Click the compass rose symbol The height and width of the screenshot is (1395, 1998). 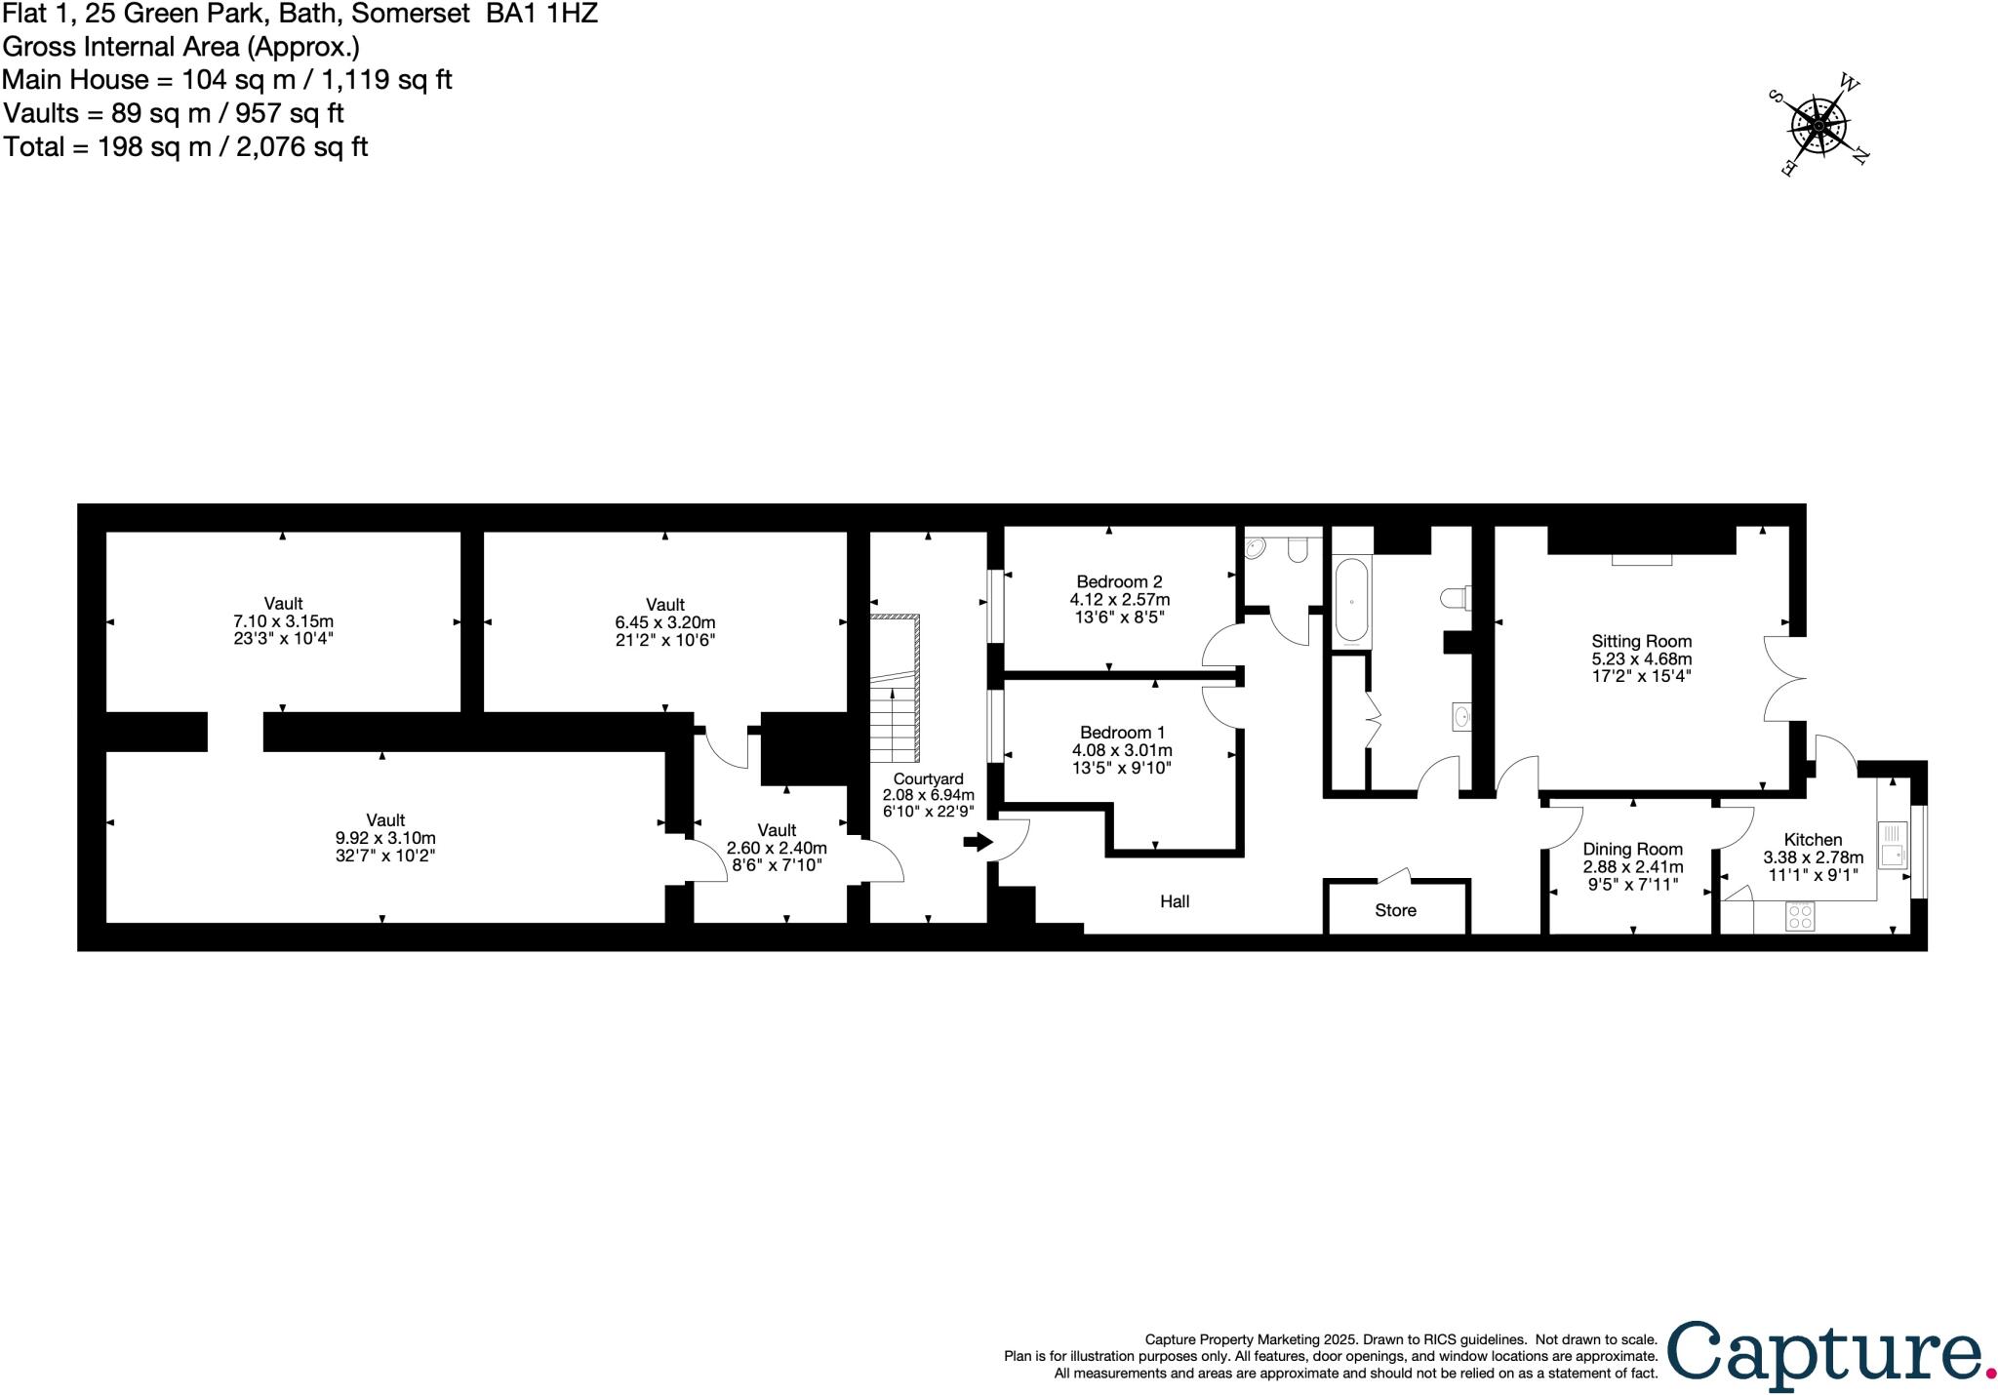pyautogui.click(x=1818, y=126)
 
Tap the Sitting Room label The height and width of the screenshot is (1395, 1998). pyautogui.click(x=1641, y=641)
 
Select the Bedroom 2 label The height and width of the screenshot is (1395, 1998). pyautogui.click(x=1119, y=581)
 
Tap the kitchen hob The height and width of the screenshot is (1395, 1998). pyautogui.click(x=1800, y=916)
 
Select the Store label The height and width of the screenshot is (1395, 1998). pyautogui.click(x=1395, y=910)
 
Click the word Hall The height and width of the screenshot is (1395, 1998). pyautogui.click(x=1175, y=901)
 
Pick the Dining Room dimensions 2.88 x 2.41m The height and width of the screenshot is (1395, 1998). pyautogui.click(x=1632, y=866)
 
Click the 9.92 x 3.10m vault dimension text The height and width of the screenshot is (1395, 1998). pyautogui.click(x=385, y=838)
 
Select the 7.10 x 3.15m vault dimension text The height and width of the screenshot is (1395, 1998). pyautogui.click(x=283, y=621)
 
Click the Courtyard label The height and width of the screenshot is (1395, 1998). pyautogui.click(x=928, y=778)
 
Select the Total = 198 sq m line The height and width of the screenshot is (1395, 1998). pyautogui.click(x=185, y=146)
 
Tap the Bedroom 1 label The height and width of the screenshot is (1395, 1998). pyautogui.click(x=1122, y=732)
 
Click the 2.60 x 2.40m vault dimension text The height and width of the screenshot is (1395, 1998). pyautogui.click(x=777, y=848)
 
